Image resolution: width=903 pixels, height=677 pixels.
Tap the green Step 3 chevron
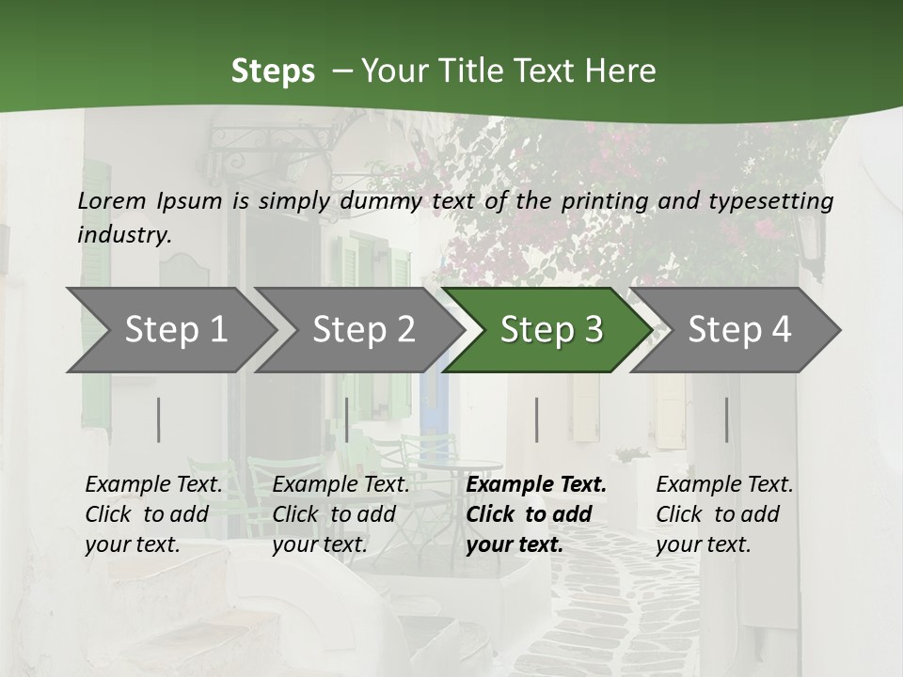(x=551, y=330)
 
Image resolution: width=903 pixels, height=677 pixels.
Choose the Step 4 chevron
(x=739, y=330)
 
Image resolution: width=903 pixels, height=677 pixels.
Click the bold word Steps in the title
(x=273, y=71)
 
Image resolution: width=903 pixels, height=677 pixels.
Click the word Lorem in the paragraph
(x=111, y=201)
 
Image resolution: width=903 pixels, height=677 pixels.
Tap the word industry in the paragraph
(x=124, y=235)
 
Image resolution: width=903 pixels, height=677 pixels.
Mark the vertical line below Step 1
(x=159, y=419)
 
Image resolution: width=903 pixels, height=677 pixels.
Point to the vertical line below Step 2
(x=347, y=419)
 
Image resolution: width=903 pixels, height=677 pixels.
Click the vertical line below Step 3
(x=537, y=419)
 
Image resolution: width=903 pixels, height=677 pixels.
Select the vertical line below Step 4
(x=727, y=419)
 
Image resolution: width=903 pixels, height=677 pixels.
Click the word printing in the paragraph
(x=605, y=201)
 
